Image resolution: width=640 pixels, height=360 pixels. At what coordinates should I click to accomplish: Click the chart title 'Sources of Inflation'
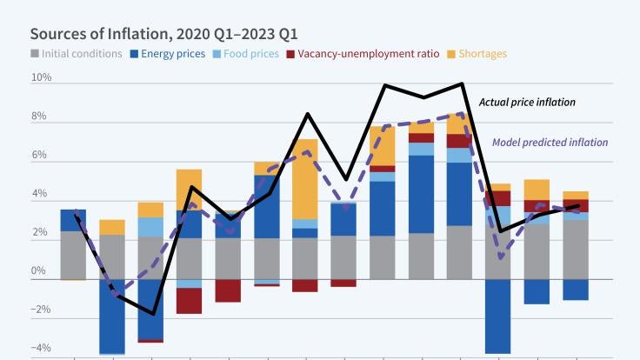click(x=164, y=34)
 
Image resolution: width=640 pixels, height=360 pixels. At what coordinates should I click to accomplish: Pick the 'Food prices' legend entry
click(x=250, y=54)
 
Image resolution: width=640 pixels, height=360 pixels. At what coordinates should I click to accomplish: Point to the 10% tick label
click(x=42, y=77)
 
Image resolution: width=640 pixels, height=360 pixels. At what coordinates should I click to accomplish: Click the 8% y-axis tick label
click(x=42, y=117)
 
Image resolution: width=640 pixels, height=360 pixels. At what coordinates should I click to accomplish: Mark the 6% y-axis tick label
click(x=42, y=155)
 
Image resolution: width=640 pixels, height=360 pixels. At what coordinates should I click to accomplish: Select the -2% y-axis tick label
click(x=41, y=310)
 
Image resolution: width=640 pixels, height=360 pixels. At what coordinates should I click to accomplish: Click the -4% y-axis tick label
click(x=41, y=348)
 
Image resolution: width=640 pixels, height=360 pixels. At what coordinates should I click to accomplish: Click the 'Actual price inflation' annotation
click(x=527, y=103)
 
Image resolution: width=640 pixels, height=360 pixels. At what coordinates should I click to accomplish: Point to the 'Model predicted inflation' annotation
click(x=550, y=143)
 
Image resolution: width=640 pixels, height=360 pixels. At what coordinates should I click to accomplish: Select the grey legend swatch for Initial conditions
click(x=36, y=55)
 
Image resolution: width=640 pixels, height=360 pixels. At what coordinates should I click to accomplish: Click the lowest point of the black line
click(x=152, y=313)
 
